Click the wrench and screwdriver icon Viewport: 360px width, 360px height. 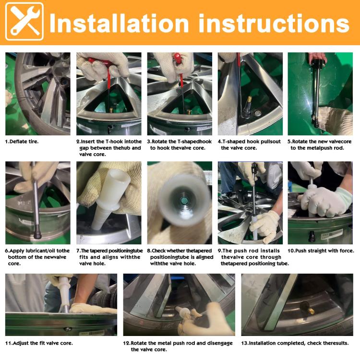[24, 22]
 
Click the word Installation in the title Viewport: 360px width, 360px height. [119, 23]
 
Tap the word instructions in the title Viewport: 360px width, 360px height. [274, 23]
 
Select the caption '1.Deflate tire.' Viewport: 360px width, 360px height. [22, 142]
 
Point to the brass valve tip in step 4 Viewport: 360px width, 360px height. [249, 99]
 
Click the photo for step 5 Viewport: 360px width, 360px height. [320, 94]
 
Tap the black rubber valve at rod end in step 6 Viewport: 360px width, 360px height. [37, 232]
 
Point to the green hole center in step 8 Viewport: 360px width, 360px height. [184, 201]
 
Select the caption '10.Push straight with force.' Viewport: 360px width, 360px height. [321, 251]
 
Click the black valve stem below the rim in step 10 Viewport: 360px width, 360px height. [312, 236]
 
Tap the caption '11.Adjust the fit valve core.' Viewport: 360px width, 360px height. [39, 343]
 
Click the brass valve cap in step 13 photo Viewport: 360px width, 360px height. [311, 311]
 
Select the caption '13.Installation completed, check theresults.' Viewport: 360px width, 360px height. [295, 343]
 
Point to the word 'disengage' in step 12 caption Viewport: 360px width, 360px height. [220, 343]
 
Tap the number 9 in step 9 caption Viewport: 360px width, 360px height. [219, 251]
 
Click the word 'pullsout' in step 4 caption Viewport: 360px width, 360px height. [270, 142]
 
